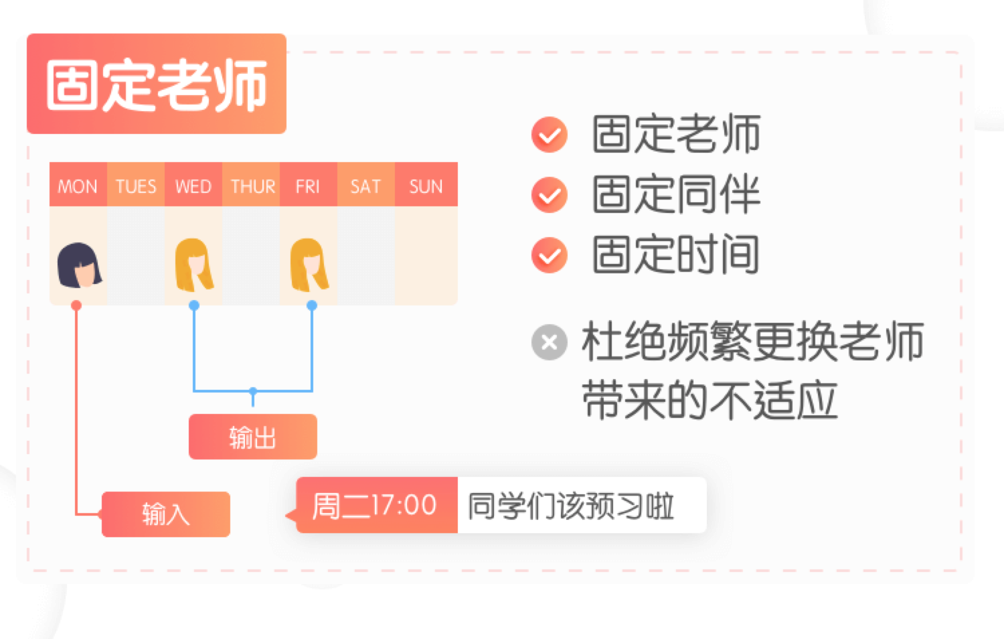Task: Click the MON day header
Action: (x=78, y=186)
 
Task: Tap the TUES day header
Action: (x=135, y=186)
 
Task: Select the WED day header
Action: (x=193, y=186)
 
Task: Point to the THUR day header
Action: (x=252, y=186)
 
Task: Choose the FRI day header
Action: (x=308, y=186)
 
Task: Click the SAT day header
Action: (x=365, y=186)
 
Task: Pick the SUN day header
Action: (x=426, y=186)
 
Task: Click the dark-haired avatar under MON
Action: (x=79, y=265)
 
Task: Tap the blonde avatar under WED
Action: (x=194, y=265)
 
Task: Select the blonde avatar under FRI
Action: (x=309, y=265)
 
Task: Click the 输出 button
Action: (x=252, y=437)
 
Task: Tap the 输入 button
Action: (x=165, y=514)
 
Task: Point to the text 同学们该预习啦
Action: (x=571, y=506)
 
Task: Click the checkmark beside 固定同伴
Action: (x=550, y=195)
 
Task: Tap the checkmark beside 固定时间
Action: (x=550, y=255)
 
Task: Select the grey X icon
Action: (x=550, y=342)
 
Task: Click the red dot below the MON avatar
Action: (x=76, y=305)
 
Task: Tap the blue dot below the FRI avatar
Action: (x=312, y=305)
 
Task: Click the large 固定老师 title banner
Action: (x=157, y=84)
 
